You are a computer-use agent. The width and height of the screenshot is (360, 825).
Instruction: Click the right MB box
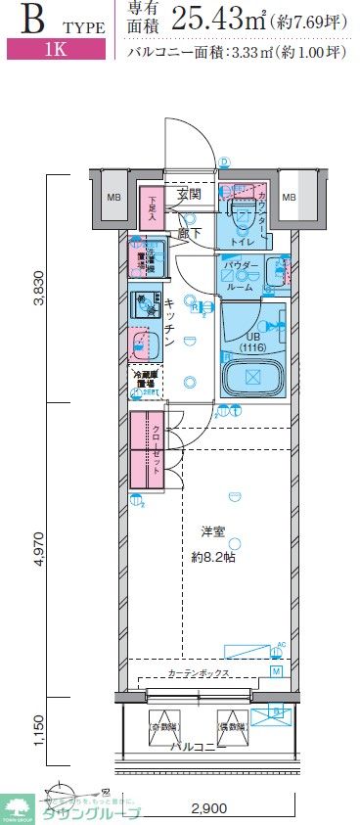(289, 198)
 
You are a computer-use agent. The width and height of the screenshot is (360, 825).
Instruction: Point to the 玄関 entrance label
(189, 194)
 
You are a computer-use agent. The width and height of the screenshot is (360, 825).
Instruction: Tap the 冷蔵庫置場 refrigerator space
(145, 381)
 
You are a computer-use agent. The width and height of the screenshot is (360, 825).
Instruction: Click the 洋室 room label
(212, 530)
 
